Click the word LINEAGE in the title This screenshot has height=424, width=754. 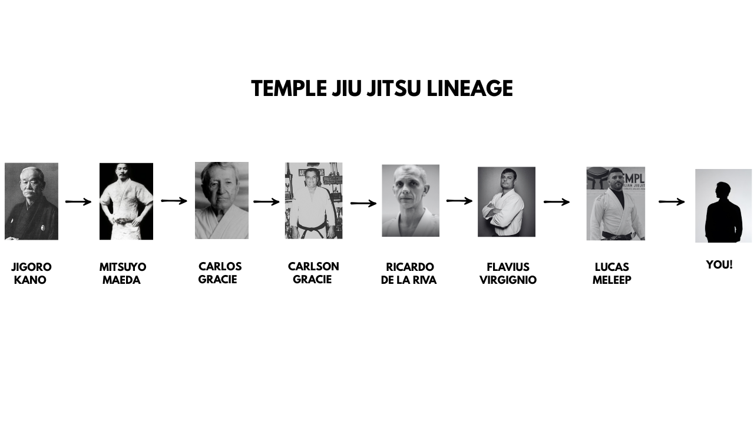(x=469, y=89)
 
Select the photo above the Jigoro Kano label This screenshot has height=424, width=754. (x=31, y=201)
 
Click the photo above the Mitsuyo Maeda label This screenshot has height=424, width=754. (x=126, y=201)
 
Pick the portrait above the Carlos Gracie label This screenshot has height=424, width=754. (x=221, y=200)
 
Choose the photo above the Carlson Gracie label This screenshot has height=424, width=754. (x=313, y=201)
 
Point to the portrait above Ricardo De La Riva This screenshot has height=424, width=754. (x=411, y=201)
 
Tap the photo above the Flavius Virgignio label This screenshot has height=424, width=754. (x=507, y=201)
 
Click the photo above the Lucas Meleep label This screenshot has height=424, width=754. (x=616, y=203)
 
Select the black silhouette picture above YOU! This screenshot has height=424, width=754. (x=723, y=206)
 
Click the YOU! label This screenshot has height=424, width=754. (x=719, y=265)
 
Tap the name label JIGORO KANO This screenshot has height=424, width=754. (x=31, y=274)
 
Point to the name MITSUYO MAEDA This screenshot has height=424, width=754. (x=123, y=274)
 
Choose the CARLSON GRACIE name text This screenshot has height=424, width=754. (x=313, y=273)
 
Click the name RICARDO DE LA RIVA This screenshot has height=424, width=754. (x=409, y=274)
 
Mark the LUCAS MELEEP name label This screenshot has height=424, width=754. (x=611, y=274)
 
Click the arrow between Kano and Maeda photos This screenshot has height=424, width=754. (x=78, y=202)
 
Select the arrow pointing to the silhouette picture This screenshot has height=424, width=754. (x=672, y=202)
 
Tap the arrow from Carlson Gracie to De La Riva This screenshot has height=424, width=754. (x=363, y=204)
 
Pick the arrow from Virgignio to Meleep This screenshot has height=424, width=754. (x=557, y=202)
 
